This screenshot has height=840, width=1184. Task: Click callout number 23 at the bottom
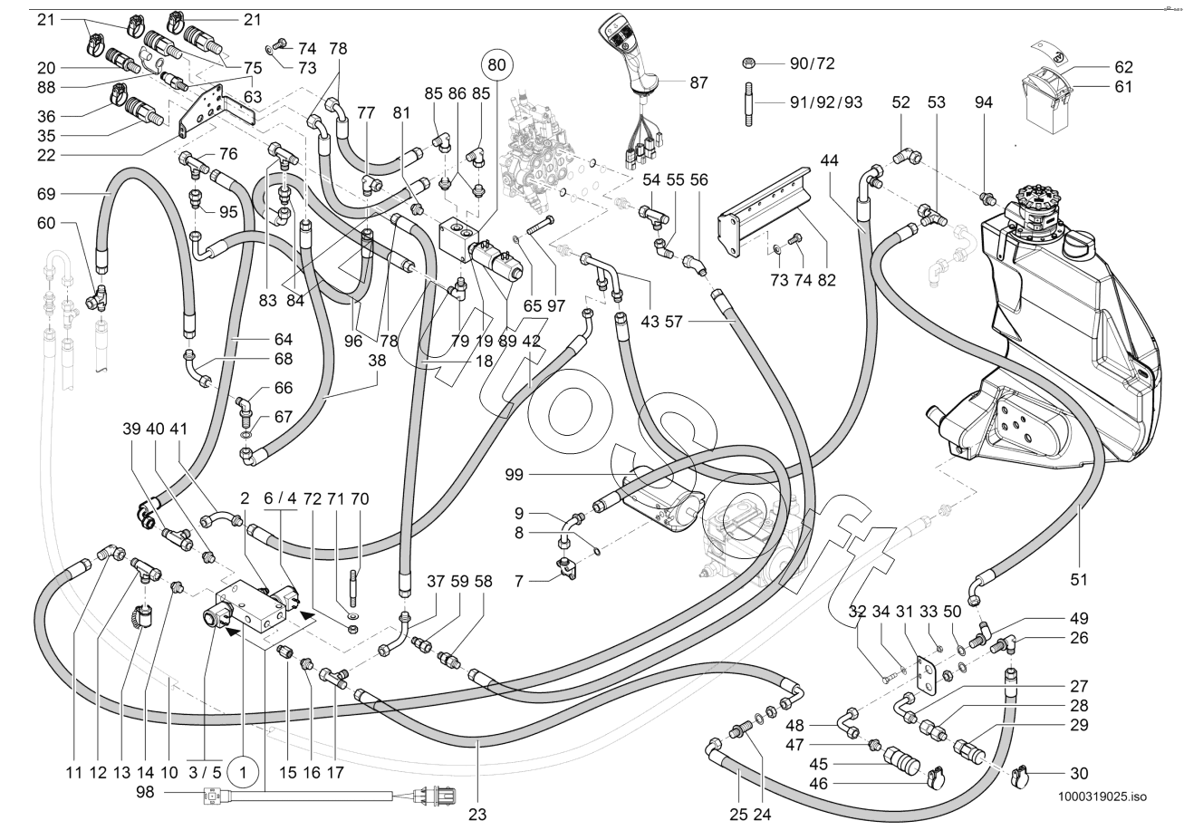click(477, 814)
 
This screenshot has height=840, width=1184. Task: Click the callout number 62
click(1124, 66)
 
